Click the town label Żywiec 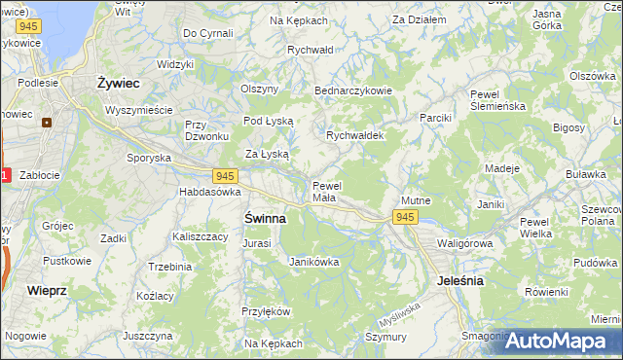(x=119, y=84)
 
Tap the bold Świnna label (x=264, y=219)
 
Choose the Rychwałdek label (x=354, y=136)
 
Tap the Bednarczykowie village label (x=352, y=90)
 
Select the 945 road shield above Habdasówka (x=226, y=175)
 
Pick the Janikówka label (x=313, y=262)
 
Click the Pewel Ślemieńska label (x=496, y=100)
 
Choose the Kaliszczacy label (x=199, y=235)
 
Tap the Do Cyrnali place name (x=207, y=33)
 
